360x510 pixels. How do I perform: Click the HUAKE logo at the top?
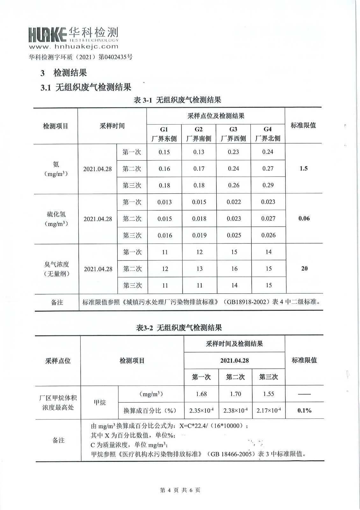[73, 34]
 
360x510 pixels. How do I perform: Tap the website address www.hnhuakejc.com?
[74, 47]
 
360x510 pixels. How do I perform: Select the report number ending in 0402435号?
[81, 57]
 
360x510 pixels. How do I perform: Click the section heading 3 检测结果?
[64, 73]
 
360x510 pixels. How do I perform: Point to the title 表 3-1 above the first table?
[177, 100]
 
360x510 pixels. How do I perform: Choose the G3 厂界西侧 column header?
[233, 134]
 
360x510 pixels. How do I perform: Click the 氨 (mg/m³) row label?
[56, 169]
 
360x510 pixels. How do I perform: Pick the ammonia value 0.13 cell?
[199, 152]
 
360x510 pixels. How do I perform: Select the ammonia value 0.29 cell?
[268, 185]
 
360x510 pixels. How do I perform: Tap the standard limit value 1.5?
[304, 169]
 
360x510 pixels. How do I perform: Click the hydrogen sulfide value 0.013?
[164, 202]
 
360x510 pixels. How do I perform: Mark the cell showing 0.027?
[268, 219]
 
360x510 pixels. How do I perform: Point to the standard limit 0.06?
[304, 219]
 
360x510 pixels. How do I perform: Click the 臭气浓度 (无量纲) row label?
[57, 269]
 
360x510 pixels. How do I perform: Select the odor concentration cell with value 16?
[234, 269]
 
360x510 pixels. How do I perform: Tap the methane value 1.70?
[235, 394]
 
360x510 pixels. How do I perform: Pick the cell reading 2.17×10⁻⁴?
[269, 411]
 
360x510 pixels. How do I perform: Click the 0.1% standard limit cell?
[304, 411]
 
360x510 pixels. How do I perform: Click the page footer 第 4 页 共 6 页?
[180, 490]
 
